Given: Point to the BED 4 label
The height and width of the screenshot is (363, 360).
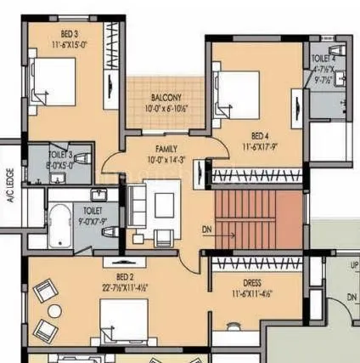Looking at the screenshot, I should (262, 134).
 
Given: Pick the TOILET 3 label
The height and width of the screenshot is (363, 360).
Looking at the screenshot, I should (60, 155).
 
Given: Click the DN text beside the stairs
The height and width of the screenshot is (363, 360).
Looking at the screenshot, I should (206, 230).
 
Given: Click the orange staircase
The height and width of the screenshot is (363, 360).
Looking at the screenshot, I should (255, 222).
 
